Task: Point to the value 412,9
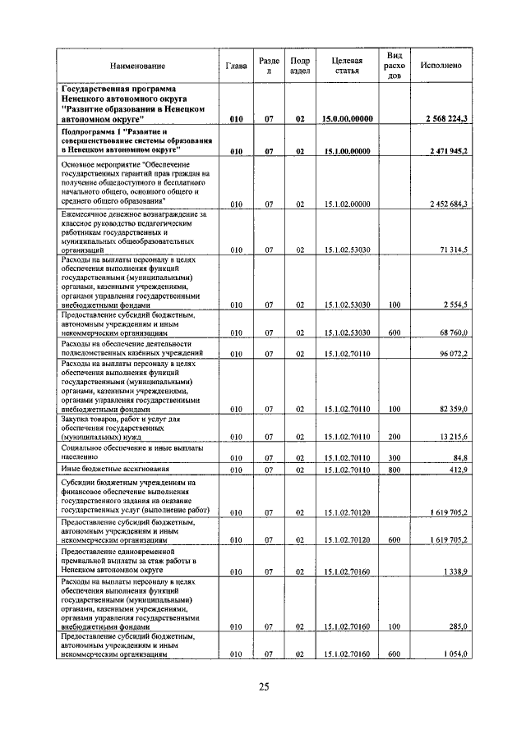pos(458,470)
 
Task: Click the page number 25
pos(263,687)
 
